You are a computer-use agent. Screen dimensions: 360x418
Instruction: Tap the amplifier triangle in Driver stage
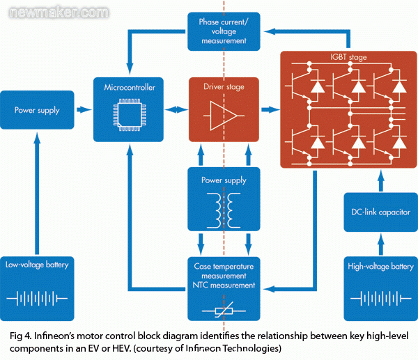pyautogui.click(x=222, y=114)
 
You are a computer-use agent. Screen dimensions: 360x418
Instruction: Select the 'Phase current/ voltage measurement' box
pyautogui.click(x=223, y=31)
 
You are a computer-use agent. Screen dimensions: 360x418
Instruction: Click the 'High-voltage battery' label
pyautogui.click(x=380, y=265)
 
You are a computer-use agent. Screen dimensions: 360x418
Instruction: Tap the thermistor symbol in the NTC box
pyautogui.click(x=223, y=308)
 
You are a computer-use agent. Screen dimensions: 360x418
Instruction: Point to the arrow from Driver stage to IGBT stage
pyautogui.click(x=269, y=109)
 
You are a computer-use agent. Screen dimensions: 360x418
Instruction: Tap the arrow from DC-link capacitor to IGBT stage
pyautogui.click(x=380, y=180)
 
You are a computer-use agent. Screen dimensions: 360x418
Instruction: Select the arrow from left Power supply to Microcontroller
pyautogui.click(x=83, y=109)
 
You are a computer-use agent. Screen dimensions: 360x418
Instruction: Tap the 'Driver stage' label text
pyautogui.click(x=223, y=88)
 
